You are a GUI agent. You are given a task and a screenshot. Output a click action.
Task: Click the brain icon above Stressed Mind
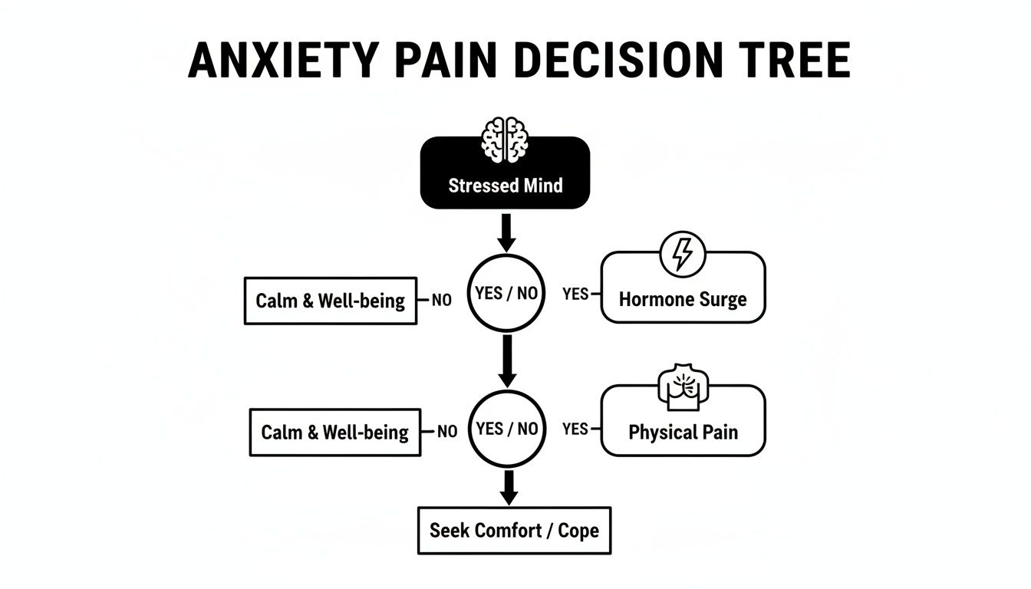505,140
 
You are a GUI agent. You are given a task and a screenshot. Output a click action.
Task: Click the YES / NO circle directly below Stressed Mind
506,293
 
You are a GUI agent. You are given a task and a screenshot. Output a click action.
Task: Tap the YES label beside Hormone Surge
575,294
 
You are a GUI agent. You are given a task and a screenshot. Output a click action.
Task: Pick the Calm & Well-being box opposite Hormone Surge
330,301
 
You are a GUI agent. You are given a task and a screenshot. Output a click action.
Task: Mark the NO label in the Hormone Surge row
441,301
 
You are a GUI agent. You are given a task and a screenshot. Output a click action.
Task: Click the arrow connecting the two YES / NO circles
506,360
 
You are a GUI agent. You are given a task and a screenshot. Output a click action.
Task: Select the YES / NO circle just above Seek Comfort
506,429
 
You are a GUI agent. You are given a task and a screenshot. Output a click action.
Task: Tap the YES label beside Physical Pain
575,429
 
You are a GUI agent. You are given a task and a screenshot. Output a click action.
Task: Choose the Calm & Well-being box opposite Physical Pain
335,432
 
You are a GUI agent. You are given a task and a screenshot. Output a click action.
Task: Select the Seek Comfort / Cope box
514,530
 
